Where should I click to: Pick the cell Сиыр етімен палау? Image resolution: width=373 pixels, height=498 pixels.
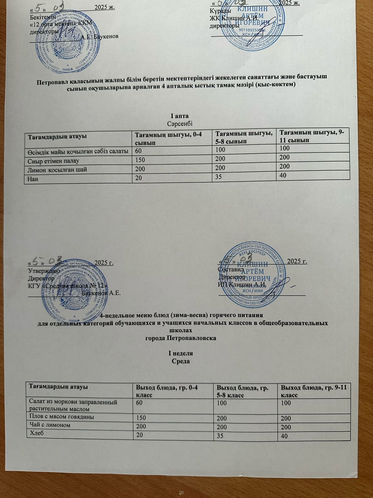click(x=53, y=161)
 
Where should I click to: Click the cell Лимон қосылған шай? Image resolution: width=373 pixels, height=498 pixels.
click(x=58, y=170)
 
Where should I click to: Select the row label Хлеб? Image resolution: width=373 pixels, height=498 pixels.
click(x=36, y=433)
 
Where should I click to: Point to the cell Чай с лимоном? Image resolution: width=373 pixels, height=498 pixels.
click(x=49, y=425)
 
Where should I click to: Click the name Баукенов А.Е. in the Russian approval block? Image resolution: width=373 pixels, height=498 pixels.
click(x=101, y=293)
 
